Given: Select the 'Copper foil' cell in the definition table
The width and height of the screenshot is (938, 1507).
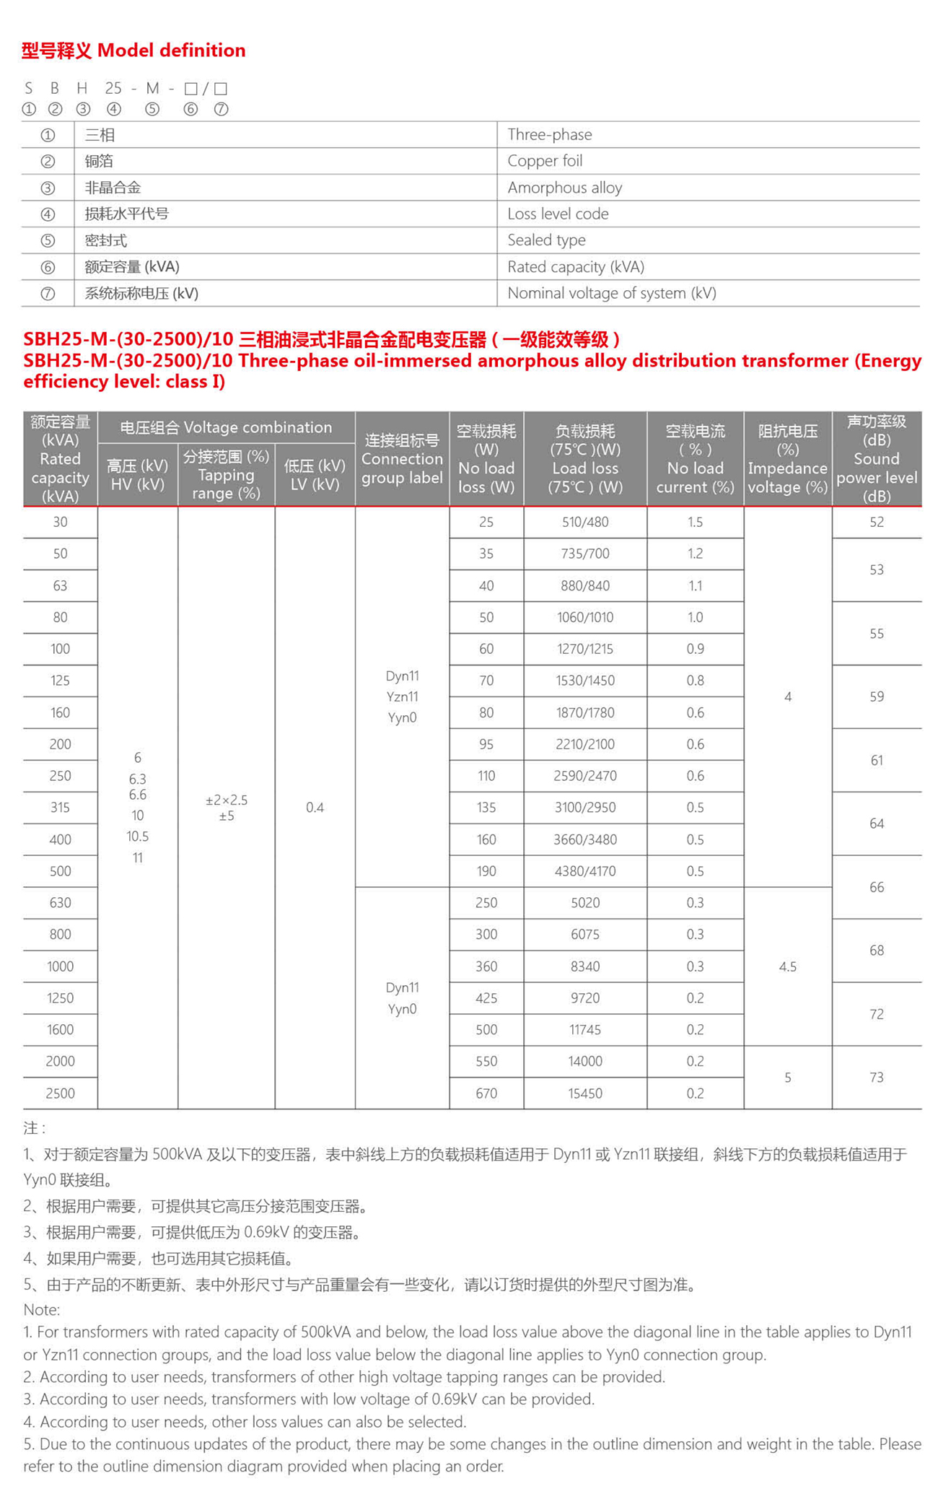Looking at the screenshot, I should click(x=545, y=161).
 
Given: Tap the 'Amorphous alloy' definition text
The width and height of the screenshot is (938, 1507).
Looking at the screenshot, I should click(x=564, y=188).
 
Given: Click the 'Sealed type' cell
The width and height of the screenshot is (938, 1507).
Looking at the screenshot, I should click(x=546, y=240).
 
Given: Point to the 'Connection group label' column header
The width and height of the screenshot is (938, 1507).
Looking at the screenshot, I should click(x=402, y=459).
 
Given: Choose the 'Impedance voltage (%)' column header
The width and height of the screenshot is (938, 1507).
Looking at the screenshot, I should click(x=787, y=459).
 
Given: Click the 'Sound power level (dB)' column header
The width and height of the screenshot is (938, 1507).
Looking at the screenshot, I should click(x=877, y=459).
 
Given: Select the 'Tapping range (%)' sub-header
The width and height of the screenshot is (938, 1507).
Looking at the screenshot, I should click(x=226, y=475).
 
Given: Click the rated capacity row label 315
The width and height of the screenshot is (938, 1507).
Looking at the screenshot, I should click(x=60, y=808).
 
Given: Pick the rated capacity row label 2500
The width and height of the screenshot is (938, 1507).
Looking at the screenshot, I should click(x=60, y=1093).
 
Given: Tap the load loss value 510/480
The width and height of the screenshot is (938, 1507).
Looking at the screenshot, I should click(x=585, y=522).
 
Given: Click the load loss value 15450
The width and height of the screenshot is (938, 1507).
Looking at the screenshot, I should click(x=585, y=1093).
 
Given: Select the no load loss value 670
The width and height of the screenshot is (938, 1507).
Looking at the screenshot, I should click(x=486, y=1093).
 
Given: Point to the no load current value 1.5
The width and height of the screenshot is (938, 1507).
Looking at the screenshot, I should click(x=695, y=522).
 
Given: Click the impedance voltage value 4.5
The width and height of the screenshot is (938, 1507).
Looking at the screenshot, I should click(x=787, y=966).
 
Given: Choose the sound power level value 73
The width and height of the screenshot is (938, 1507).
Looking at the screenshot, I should click(x=877, y=1078).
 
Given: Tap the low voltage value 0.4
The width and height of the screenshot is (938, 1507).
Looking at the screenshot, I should click(x=315, y=808).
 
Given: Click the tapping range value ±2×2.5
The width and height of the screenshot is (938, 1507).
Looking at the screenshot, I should click(x=227, y=800).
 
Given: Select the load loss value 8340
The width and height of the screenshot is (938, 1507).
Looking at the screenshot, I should click(x=585, y=966).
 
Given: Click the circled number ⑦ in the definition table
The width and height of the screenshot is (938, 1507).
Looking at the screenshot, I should click(x=48, y=294).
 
